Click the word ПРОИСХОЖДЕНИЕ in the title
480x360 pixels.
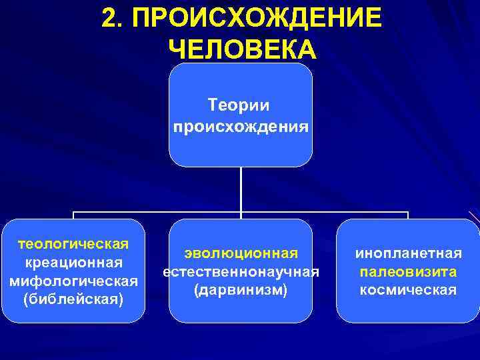tap(257, 18)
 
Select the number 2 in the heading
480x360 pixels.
tap(111, 18)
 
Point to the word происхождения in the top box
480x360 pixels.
tap(240, 125)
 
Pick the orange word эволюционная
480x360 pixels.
tap(240, 253)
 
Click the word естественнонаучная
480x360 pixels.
tap(240, 272)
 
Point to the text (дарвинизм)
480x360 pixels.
tap(240, 291)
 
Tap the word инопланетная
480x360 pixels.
tap(408, 253)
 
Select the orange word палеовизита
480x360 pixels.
tap(408, 272)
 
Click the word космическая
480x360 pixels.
tap(408, 291)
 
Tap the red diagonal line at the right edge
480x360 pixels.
tap(474, 217)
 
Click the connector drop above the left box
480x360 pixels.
tap(73, 215)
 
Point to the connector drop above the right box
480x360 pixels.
tap(407, 215)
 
